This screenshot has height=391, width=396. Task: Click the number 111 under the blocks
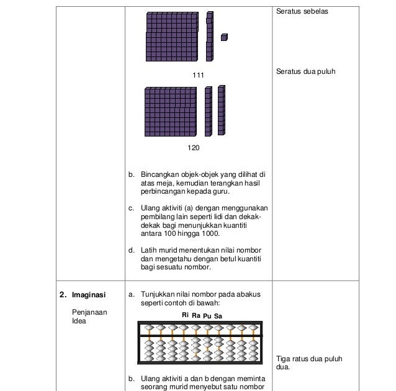pos(199,74)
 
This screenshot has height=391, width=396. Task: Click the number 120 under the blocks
pos(193,148)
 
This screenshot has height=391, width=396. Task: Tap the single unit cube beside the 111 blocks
pos(224,37)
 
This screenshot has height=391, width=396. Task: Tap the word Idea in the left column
pos(79,321)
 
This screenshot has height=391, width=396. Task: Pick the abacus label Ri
pos(185,315)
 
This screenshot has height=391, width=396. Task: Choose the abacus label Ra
pos(196,315)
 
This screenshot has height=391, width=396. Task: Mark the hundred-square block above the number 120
pos(171,111)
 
